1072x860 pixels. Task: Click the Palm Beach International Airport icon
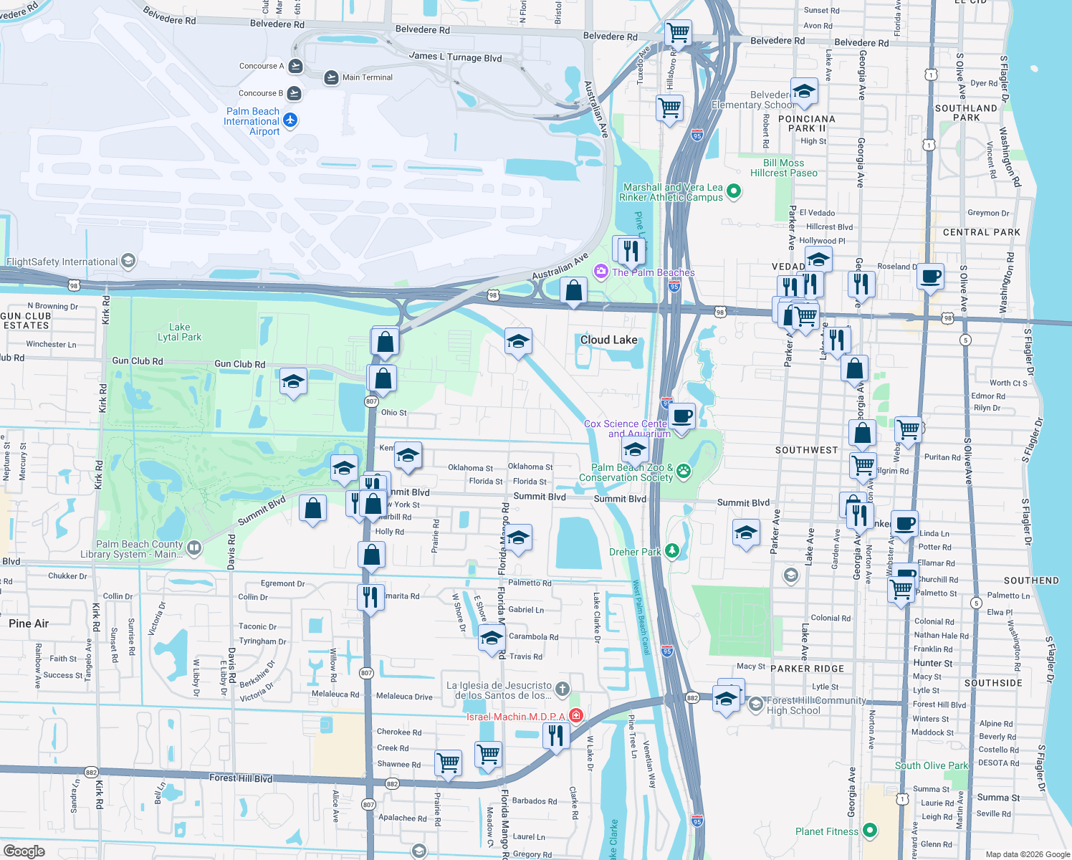pyautogui.click(x=290, y=120)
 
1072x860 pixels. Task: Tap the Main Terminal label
pyautogui.click(x=367, y=77)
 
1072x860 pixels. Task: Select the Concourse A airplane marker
pyautogui.click(x=295, y=67)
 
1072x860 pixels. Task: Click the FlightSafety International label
pyautogui.click(x=62, y=262)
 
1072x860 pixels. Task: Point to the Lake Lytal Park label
pyautogui.click(x=179, y=332)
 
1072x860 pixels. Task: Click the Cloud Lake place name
pyautogui.click(x=608, y=340)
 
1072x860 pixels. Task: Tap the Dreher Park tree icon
pyautogui.click(x=671, y=550)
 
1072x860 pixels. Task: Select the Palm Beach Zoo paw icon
pyautogui.click(x=684, y=471)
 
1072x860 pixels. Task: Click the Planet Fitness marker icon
pyautogui.click(x=870, y=831)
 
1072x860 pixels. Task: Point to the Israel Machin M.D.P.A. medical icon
pyautogui.click(x=576, y=715)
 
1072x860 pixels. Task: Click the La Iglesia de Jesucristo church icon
pyautogui.click(x=563, y=689)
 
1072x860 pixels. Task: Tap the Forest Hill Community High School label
pyautogui.click(x=816, y=705)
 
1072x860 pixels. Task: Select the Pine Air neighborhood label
pyautogui.click(x=29, y=623)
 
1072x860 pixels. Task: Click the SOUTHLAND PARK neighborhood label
pyautogui.click(x=966, y=113)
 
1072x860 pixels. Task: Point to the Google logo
pyautogui.click(x=24, y=851)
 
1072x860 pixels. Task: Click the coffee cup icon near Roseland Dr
pyautogui.click(x=930, y=276)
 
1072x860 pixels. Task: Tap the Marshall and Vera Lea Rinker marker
pyautogui.click(x=733, y=191)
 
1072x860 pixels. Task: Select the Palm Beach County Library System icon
pyautogui.click(x=193, y=548)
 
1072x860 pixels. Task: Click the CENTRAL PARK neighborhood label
pyautogui.click(x=981, y=232)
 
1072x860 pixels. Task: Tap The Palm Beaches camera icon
pyautogui.click(x=600, y=271)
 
